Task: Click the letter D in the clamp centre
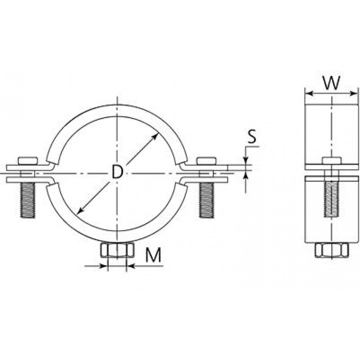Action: (117, 172)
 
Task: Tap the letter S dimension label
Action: (252, 136)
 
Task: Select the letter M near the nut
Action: (153, 255)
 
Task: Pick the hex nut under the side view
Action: (332, 250)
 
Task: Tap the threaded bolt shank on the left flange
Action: (28, 200)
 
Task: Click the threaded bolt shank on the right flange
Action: (206, 200)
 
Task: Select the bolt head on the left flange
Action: (28, 161)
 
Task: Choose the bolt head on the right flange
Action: (206, 161)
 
